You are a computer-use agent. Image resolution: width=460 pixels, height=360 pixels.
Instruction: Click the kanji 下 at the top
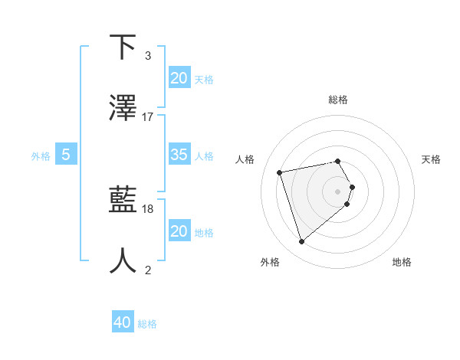click(123, 47)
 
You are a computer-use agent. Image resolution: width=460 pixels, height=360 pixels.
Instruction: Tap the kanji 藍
click(123, 200)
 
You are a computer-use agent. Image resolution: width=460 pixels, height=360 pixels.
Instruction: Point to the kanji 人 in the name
click(123, 261)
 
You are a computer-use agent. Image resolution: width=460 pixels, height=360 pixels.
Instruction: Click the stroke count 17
click(148, 117)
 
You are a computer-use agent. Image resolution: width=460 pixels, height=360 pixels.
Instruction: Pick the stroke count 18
click(148, 208)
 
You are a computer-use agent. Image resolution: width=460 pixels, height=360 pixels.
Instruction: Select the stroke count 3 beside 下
click(148, 56)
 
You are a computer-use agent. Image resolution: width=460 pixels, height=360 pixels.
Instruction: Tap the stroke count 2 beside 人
click(148, 270)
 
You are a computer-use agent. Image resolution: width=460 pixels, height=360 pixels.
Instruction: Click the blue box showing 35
click(179, 155)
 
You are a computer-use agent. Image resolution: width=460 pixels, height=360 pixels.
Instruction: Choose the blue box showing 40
click(122, 322)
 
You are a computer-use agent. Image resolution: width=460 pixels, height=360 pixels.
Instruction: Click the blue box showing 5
click(66, 155)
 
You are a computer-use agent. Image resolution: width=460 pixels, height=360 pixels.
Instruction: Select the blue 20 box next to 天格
click(179, 78)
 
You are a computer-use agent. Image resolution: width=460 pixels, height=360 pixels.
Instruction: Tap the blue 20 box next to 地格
click(179, 231)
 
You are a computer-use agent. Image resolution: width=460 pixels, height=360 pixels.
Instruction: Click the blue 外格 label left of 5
click(41, 155)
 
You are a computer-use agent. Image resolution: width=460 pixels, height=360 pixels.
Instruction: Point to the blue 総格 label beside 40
click(147, 324)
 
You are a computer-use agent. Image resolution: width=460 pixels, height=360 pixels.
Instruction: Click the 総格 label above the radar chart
click(337, 100)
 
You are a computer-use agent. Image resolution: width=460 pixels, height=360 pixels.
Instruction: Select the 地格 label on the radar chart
click(402, 263)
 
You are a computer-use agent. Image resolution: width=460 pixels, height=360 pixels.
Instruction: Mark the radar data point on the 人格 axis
click(280, 172)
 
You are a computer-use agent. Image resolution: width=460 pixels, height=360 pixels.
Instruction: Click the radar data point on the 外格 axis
click(301, 241)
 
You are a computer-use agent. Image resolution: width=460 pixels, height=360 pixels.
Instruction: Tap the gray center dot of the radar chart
click(338, 191)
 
